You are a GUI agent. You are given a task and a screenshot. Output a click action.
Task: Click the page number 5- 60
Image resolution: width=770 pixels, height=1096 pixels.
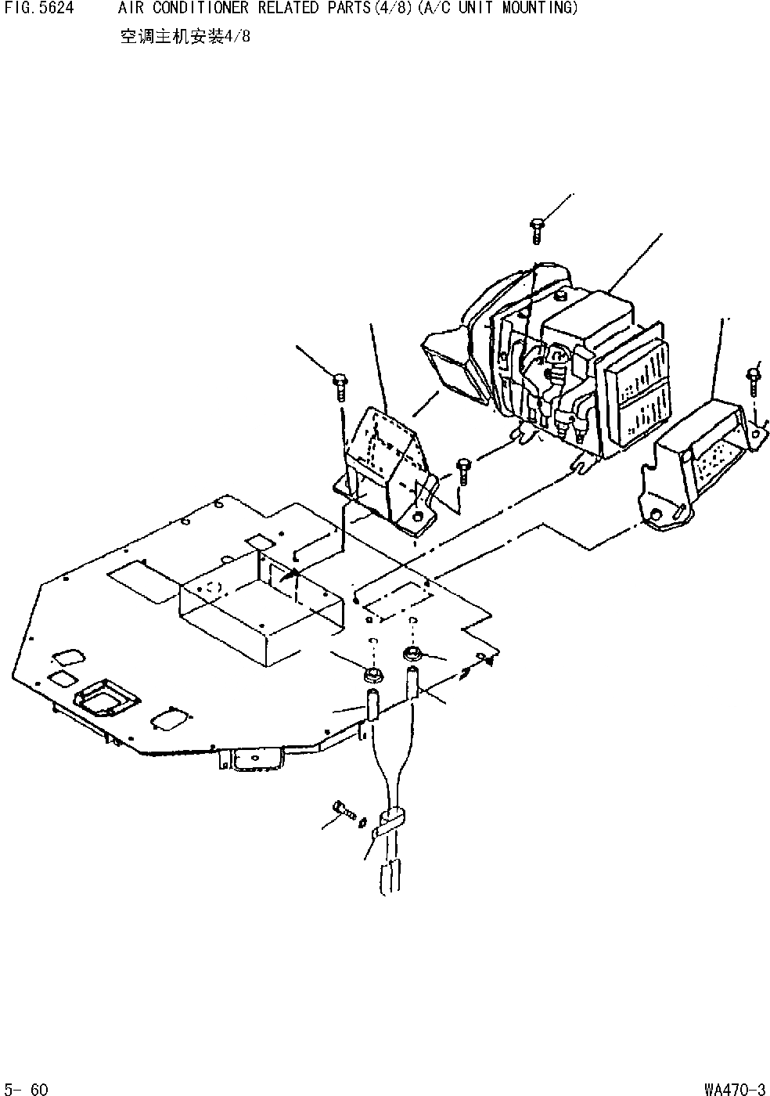pyautogui.click(x=27, y=1088)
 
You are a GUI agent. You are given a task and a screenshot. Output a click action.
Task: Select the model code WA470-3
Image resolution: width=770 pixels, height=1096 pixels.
pyautogui.click(x=734, y=1088)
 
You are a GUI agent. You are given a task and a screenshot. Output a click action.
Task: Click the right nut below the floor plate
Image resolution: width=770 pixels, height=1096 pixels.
pyautogui.click(x=412, y=654)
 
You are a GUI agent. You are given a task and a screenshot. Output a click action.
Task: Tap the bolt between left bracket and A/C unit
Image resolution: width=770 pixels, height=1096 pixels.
pyautogui.click(x=462, y=470)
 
